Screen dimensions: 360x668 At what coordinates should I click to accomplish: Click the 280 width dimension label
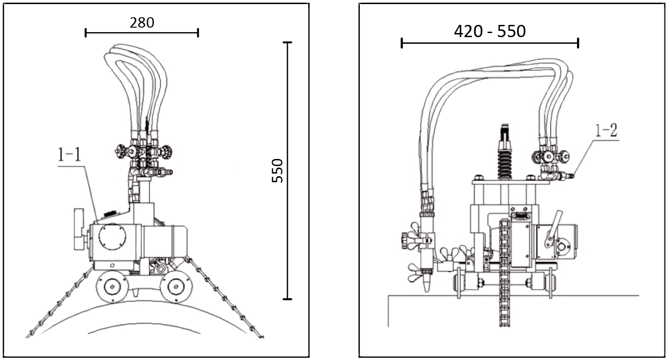[142, 23]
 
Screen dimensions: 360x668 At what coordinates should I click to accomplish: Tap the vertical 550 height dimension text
[277, 170]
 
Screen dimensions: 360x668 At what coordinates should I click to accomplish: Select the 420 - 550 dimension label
[490, 32]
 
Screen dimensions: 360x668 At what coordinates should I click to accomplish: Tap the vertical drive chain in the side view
[503, 272]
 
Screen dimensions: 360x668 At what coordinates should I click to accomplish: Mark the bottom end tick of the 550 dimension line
[287, 299]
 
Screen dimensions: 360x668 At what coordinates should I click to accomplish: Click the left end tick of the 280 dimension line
[86, 33]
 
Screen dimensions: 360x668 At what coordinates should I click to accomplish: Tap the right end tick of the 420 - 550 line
[578, 43]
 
